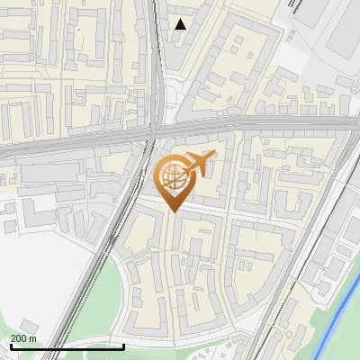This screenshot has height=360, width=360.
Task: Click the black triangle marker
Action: (181, 24)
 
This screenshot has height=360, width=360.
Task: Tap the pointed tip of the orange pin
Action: (174, 211)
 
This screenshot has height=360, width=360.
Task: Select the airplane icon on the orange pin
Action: (197, 163)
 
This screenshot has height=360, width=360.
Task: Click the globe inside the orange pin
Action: (174, 176)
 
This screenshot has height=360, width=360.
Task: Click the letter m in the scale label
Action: (33, 338)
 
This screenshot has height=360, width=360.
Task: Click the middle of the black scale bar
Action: (67, 346)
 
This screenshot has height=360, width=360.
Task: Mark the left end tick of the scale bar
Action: (11, 345)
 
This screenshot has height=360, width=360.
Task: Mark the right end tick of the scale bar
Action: (123, 345)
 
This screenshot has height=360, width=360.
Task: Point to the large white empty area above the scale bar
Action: (36, 270)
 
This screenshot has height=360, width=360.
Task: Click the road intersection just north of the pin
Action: (155, 135)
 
